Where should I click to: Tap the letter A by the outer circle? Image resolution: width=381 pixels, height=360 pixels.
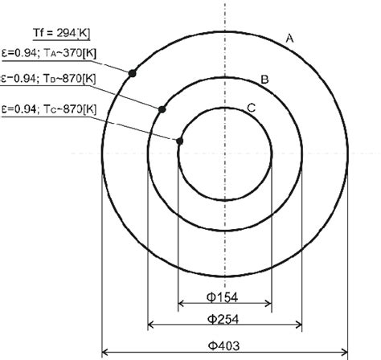point(291,37)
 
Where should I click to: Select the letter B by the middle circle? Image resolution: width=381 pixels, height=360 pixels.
point(263,80)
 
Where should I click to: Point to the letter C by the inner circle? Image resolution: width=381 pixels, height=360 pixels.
point(252,108)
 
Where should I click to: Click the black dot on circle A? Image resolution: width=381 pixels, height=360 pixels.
point(132,73)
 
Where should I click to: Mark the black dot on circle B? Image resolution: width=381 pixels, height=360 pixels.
point(162,109)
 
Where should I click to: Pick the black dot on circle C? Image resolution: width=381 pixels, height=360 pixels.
point(180,141)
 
